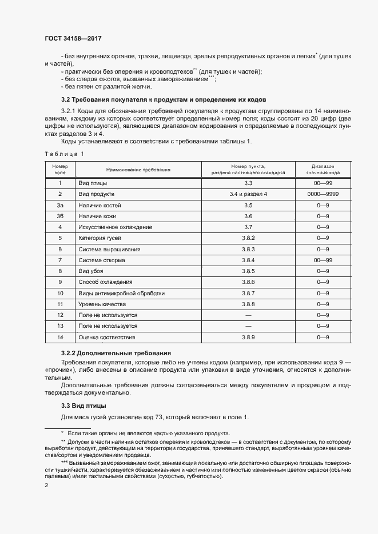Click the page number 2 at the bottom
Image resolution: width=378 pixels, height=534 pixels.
click(46, 485)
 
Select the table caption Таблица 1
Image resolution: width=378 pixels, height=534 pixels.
click(64, 154)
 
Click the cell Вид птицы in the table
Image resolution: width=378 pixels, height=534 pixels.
click(93, 183)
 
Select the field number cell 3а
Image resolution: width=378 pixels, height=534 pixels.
click(60, 205)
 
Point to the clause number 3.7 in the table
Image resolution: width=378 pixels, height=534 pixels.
click(248, 227)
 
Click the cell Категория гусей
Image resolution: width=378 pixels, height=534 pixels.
click(100, 238)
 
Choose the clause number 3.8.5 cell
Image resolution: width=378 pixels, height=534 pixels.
click(248, 271)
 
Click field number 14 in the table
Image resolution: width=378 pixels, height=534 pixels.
click(60, 337)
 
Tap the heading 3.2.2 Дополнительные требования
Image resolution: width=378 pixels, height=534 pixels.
click(116, 354)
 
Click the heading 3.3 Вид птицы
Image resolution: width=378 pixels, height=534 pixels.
click(83, 405)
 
